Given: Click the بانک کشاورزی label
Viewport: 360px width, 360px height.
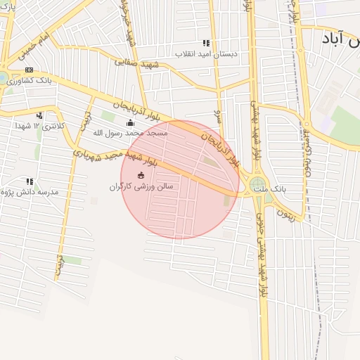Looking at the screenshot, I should (30, 81).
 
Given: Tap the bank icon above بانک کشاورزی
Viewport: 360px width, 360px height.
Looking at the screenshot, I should (30, 70).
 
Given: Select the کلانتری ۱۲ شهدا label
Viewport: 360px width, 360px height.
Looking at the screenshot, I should (45, 126).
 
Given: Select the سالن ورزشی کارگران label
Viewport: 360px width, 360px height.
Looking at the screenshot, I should (140, 186).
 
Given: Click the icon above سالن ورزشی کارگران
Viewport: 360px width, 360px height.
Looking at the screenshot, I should (140, 174).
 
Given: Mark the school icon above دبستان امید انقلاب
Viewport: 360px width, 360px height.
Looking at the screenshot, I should (206, 43).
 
